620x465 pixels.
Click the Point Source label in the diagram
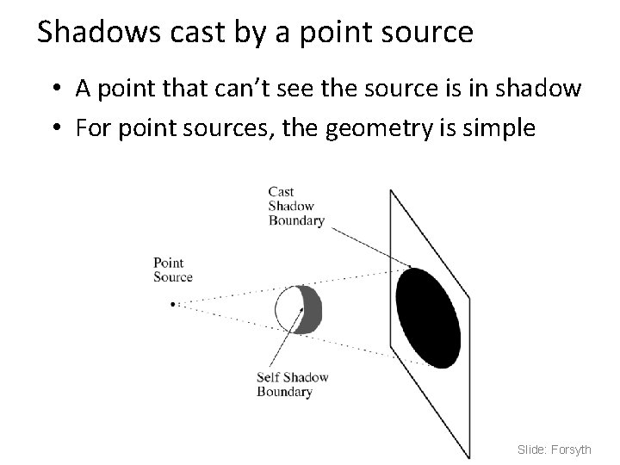172,270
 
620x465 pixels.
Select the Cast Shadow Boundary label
295,207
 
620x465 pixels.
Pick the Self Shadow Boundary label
293,385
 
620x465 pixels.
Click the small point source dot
173,304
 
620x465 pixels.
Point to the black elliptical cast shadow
428,317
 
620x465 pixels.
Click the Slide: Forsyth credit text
555,449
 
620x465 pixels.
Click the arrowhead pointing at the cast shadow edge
408,266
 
